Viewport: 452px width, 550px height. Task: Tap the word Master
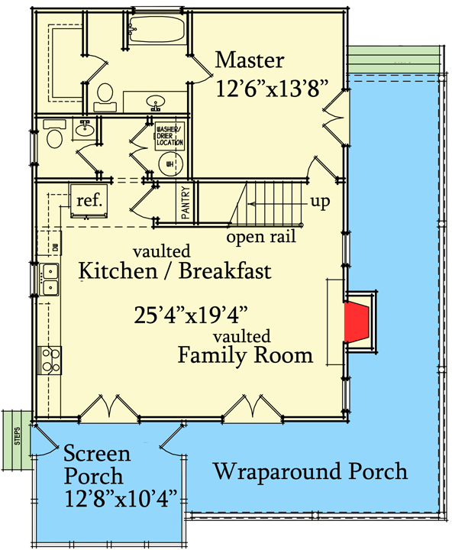coord(250,60)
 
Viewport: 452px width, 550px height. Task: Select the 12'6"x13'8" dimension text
coord(271,88)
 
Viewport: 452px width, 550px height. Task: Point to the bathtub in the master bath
coord(155,31)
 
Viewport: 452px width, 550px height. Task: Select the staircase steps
coord(271,203)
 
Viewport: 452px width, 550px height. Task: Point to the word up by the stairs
coord(320,202)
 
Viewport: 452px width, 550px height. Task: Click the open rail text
coord(260,237)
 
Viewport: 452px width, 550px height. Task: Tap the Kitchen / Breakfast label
coord(175,270)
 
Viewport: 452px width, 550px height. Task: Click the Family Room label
coord(245,354)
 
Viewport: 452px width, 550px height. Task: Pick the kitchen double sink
coord(51,280)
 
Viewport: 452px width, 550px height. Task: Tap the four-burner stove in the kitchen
coord(50,359)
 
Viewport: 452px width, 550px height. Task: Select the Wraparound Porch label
coord(309,471)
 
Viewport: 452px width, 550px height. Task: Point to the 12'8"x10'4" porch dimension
coord(121,498)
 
